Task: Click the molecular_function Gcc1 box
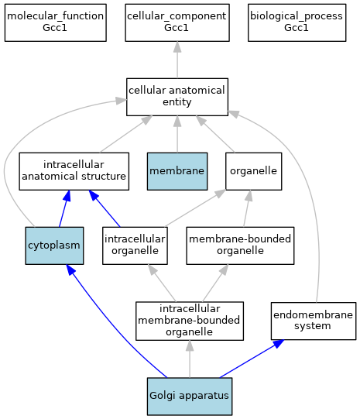pos(56,22)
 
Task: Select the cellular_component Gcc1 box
pos(177,22)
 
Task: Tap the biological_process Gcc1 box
pos(297,22)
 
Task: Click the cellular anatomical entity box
pos(177,97)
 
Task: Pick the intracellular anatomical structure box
pos(74,171)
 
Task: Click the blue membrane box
pos(177,171)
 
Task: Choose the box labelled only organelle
pos(253,171)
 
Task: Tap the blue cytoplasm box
pos(54,246)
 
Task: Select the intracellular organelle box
pos(135,246)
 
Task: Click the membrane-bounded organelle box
pos(240,246)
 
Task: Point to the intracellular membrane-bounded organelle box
pos(190,321)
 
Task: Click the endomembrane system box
pos(314,321)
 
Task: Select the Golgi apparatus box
pos(190,397)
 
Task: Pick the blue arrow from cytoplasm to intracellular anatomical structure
pos(64,208)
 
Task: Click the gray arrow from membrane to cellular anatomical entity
pos(177,134)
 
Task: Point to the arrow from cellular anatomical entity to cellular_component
pos(177,60)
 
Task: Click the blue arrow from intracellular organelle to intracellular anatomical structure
pos(105,208)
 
